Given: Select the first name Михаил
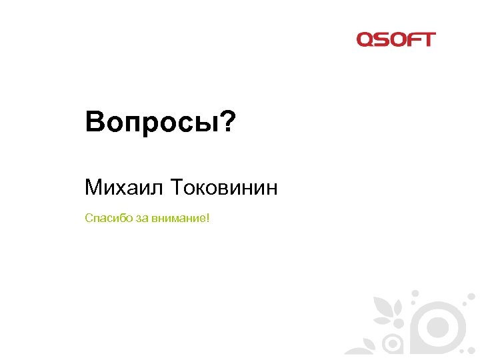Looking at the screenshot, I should [124, 187].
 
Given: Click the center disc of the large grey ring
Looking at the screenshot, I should [437, 327].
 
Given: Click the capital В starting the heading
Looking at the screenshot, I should [93, 123].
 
